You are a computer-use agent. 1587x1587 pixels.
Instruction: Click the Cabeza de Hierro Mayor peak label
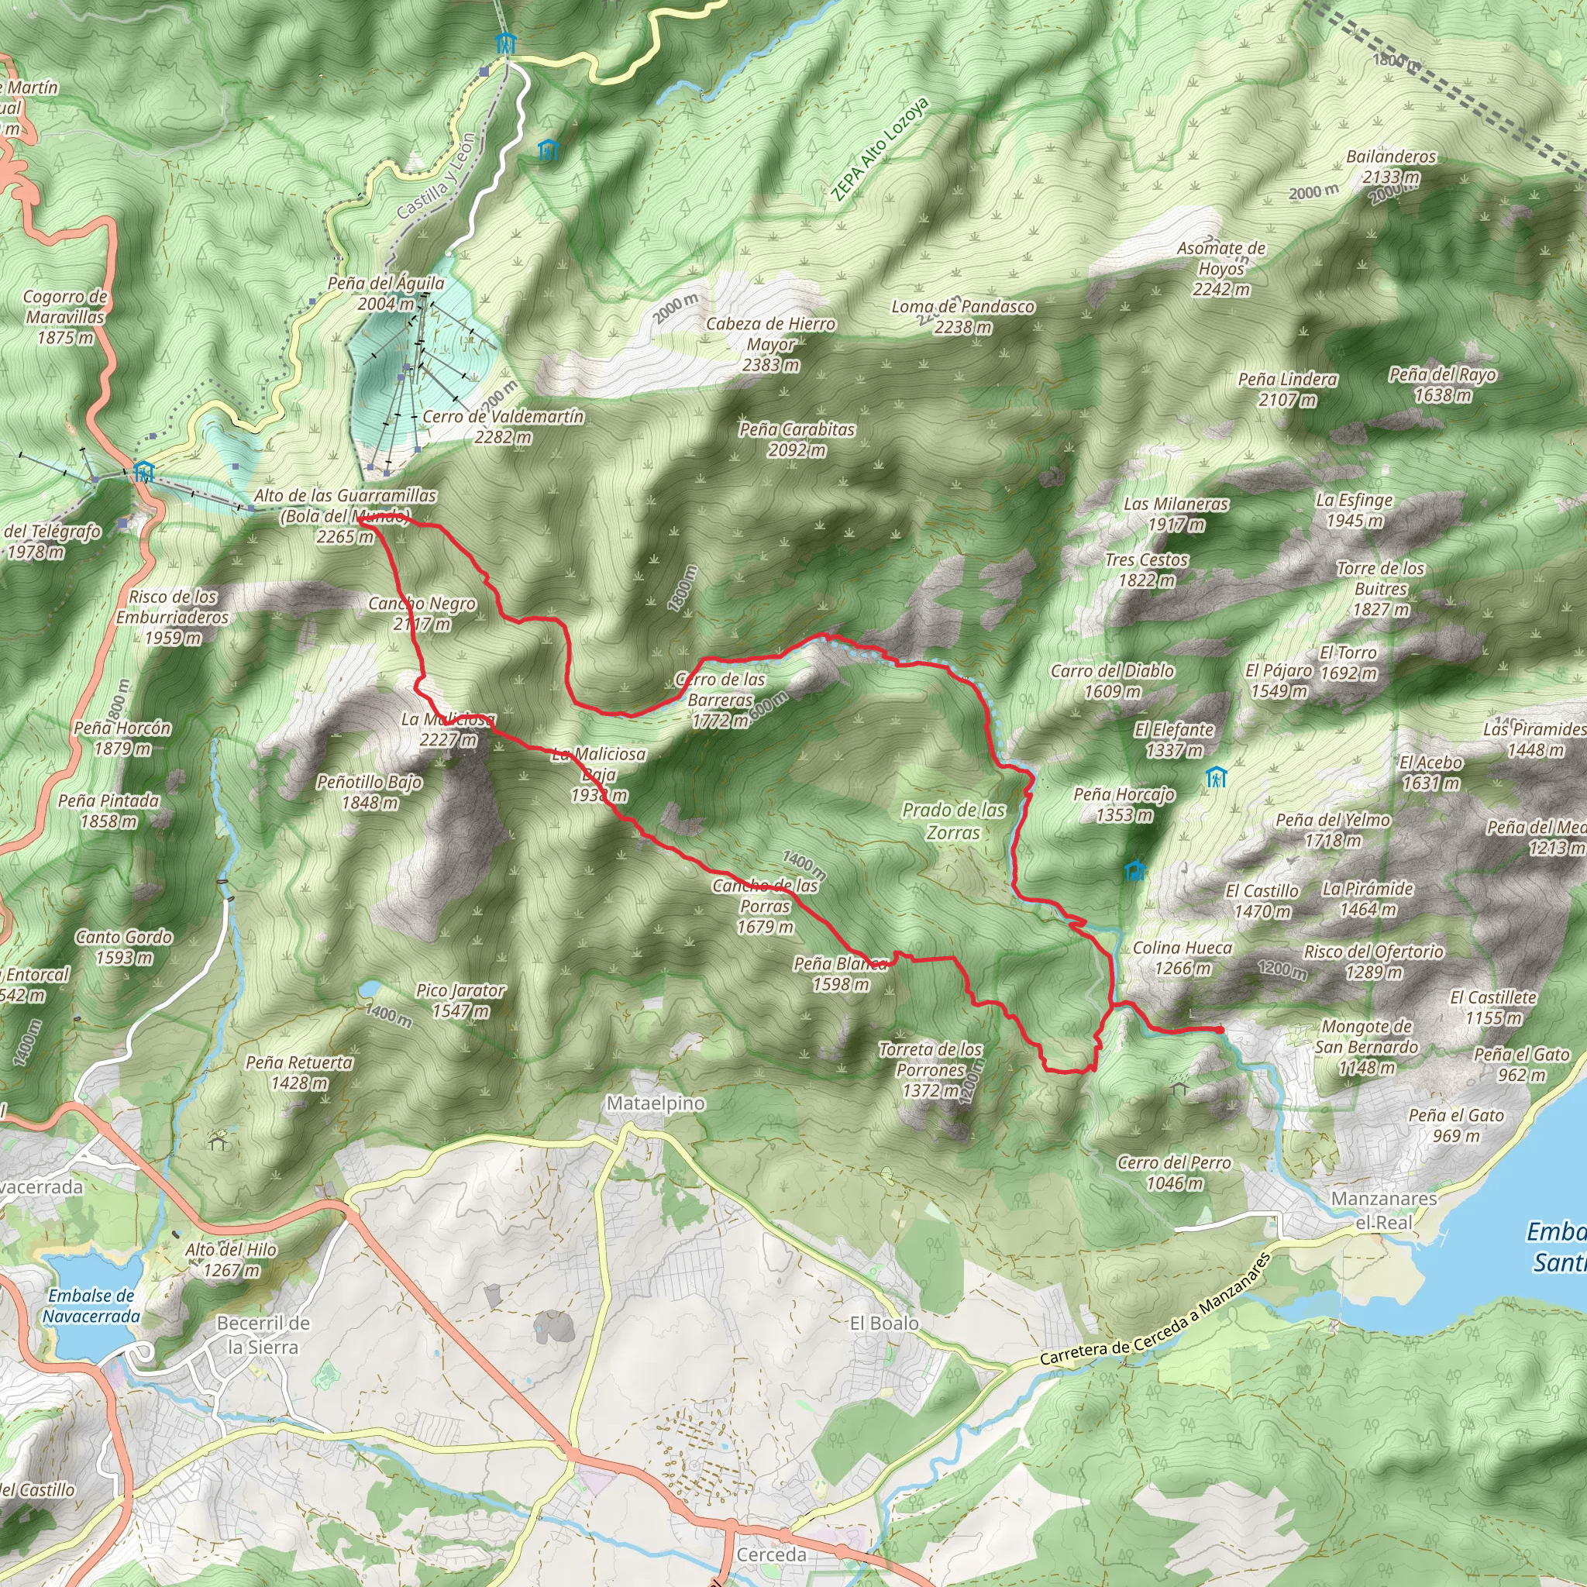click(x=770, y=344)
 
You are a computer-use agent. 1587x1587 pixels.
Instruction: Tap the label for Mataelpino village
click(x=656, y=1103)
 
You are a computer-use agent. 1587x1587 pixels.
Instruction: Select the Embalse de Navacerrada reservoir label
click(x=91, y=1305)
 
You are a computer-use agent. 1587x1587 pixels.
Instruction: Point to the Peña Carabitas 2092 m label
click(x=797, y=439)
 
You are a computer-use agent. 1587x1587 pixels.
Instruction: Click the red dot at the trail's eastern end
click(x=1219, y=1029)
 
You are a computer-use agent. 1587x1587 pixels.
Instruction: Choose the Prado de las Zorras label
click(x=953, y=821)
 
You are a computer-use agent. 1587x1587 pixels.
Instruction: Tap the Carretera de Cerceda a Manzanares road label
click(x=1154, y=1310)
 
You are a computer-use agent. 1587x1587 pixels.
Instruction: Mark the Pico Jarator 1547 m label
click(x=461, y=1000)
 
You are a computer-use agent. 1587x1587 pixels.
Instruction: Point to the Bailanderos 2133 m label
click(x=1391, y=167)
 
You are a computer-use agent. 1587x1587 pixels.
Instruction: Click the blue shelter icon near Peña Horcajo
click(x=1134, y=870)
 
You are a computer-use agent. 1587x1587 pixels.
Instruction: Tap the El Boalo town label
click(x=884, y=1323)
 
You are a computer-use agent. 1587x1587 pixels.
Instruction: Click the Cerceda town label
click(x=771, y=1554)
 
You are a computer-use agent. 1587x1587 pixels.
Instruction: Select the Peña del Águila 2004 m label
click(x=386, y=293)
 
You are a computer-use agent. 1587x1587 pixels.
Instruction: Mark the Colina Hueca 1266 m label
click(x=1182, y=958)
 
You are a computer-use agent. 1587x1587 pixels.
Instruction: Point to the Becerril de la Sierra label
click(x=263, y=1335)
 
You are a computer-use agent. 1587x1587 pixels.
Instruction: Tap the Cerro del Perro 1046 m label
click(x=1174, y=1172)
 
